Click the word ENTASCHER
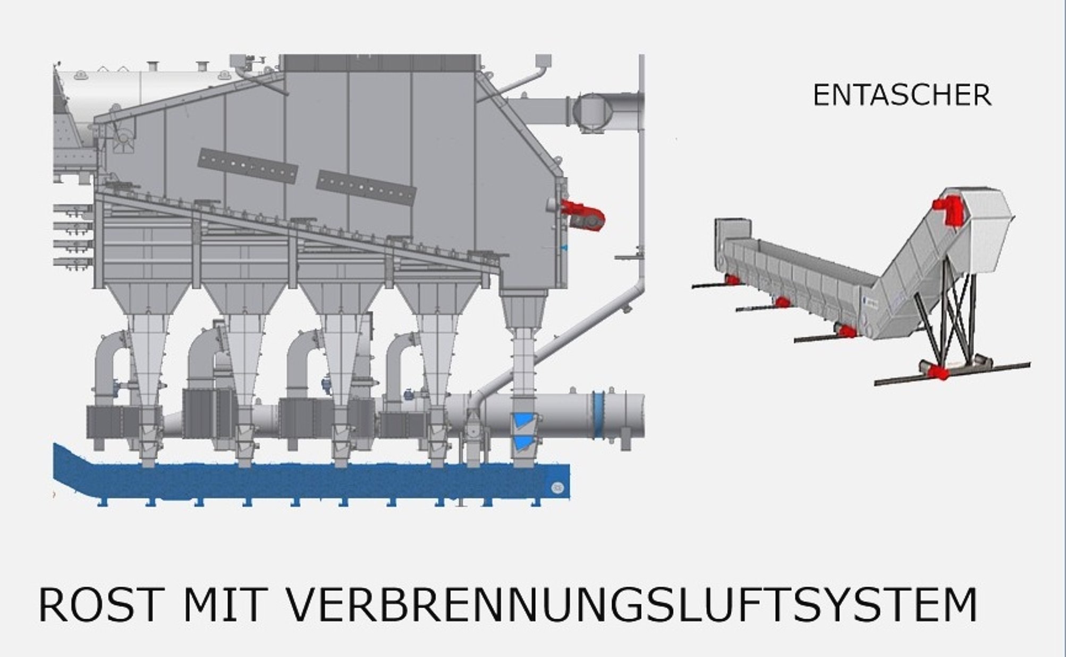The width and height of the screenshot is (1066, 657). pyautogui.click(x=902, y=96)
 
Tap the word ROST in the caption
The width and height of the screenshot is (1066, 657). pyautogui.click(x=99, y=605)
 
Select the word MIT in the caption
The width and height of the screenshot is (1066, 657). pyautogui.click(x=224, y=605)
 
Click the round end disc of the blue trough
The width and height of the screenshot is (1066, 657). pyautogui.click(x=557, y=486)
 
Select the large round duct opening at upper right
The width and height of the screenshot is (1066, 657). pyautogui.click(x=593, y=112)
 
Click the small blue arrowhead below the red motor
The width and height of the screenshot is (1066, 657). pyautogui.click(x=564, y=248)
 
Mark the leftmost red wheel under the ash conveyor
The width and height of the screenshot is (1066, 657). pyautogui.click(x=733, y=279)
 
